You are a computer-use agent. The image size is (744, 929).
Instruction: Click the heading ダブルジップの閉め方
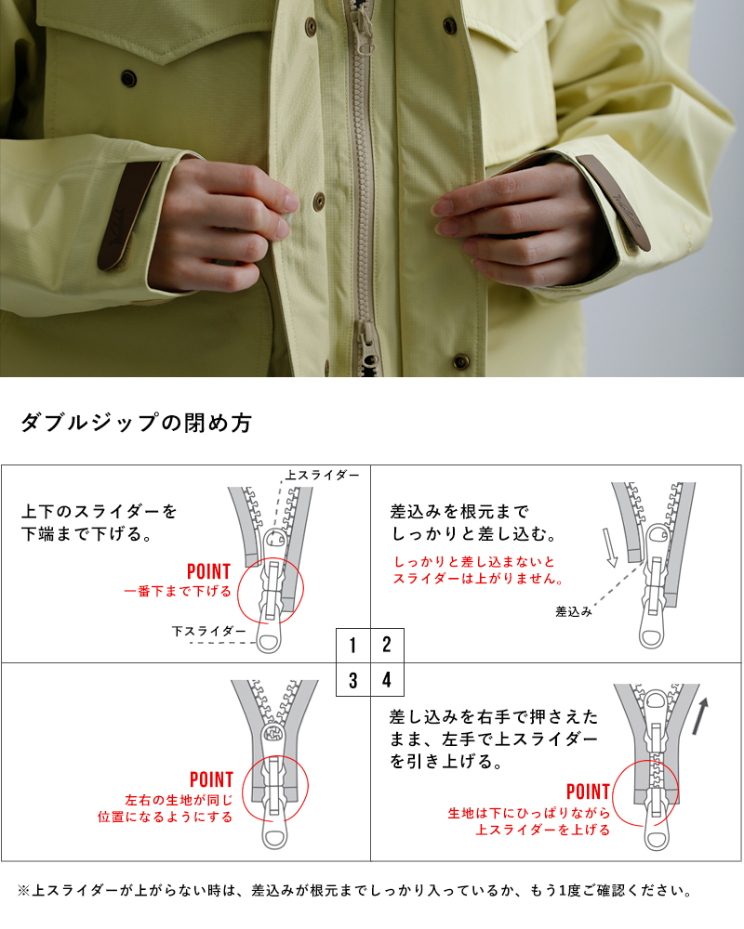click(x=136, y=423)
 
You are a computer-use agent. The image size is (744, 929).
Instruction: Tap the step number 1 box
click(x=353, y=646)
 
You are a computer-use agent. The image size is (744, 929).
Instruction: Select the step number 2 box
click(x=387, y=646)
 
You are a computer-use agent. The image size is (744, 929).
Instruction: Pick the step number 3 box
click(x=353, y=679)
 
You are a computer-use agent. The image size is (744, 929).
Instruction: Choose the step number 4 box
click(x=387, y=679)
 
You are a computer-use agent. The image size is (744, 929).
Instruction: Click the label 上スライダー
click(x=322, y=475)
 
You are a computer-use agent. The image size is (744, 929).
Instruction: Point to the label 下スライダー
click(x=209, y=631)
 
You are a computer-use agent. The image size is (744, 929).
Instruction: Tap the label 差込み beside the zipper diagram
click(x=574, y=611)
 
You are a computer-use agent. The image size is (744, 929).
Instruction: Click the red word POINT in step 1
click(x=208, y=571)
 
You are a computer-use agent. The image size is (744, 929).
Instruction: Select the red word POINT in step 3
click(x=211, y=779)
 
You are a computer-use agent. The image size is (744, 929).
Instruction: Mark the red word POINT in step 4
click(x=588, y=792)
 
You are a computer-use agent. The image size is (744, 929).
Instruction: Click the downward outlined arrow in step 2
click(x=609, y=547)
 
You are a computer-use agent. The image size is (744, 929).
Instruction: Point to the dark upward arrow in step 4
click(x=702, y=716)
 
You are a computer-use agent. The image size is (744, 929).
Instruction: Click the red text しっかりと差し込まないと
click(x=474, y=562)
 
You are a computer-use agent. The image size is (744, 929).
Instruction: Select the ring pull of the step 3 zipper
click(x=274, y=836)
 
